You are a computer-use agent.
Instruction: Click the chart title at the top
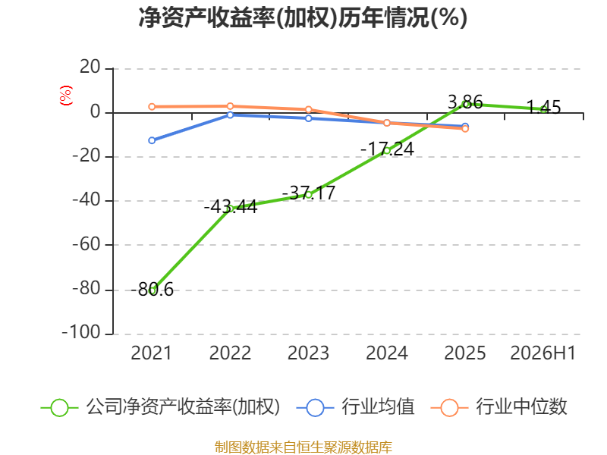[x=303, y=17]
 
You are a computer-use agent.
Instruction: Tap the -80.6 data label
[x=153, y=290]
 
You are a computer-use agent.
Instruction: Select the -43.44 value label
[x=231, y=206]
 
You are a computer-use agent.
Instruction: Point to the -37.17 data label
[x=309, y=193]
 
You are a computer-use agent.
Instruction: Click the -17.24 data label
[x=387, y=149]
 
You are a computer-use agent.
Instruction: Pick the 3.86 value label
[x=465, y=102]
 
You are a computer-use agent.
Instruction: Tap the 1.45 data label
[x=543, y=107]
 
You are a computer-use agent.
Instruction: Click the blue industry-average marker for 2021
[x=152, y=140]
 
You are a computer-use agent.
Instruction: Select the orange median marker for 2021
[x=152, y=107]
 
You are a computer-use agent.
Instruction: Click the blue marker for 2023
[x=309, y=118]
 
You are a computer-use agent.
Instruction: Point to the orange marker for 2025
[x=465, y=129]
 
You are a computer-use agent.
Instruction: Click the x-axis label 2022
[x=230, y=353]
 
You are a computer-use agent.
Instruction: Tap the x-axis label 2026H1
[x=543, y=353]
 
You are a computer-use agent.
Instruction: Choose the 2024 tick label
[x=387, y=353]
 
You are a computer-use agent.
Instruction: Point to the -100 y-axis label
[x=81, y=333]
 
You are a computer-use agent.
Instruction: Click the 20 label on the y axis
[x=90, y=67]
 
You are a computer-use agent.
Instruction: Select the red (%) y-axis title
[x=66, y=96]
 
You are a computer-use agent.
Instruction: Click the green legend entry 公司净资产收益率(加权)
[x=160, y=407]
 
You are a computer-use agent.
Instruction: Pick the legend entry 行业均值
[x=355, y=407]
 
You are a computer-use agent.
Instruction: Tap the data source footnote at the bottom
[x=303, y=447]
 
